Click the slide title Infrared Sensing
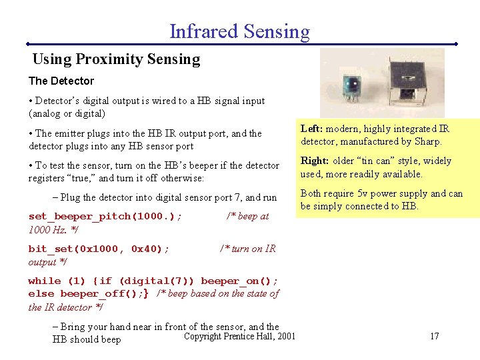pyautogui.click(x=239, y=31)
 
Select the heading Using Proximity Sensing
pyautogui.click(x=116, y=59)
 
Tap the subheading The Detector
pyautogui.click(x=61, y=81)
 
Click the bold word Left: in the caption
pyautogui.click(x=312, y=129)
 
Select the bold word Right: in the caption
pyautogui.click(x=315, y=161)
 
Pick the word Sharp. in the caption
pyautogui.click(x=427, y=141)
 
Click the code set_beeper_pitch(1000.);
pyautogui.click(x=105, y=216)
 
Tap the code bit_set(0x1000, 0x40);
pyautogui.click(x=99, y=249)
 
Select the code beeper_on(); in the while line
pyautogui.click(x=239, y=281)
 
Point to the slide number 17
pyautogui.click(x=434, y=336)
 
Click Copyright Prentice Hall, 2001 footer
pyautogui.click(x=239, y=336)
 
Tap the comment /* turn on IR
pyautogui.click(x=247, y=249)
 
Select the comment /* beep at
pyautogui.click(x=247, y=216)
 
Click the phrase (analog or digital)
pyautogui.click(x=67, y=113)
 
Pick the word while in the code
pyautogui.click(x=45, y=281)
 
